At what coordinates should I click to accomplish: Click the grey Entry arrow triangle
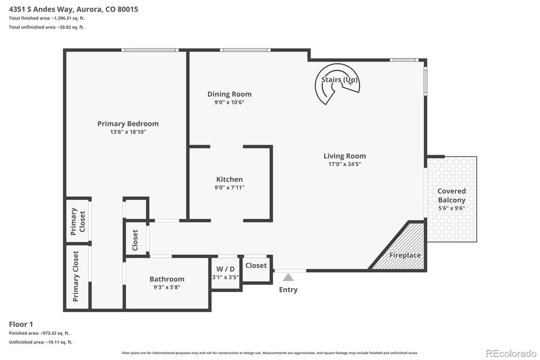pos(288,277)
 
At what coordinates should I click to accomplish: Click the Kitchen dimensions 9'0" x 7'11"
pos(229,187)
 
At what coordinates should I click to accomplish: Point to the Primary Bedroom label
pos(128,124)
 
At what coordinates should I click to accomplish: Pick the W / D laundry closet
pos(225,273)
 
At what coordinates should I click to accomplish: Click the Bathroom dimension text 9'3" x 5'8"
pos(167,287)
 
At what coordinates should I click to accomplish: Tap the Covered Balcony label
pos(452,196)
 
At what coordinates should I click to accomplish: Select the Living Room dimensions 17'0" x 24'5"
pos(345,164)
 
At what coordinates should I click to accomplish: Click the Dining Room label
pos(229,94)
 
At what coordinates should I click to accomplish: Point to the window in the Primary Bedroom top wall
pos(150,50)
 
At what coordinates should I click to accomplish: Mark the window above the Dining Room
pos(245,50)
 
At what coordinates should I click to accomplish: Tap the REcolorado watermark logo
pos(511,354)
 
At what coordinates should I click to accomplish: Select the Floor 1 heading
pos(21,324)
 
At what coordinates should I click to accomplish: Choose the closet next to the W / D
pos(256,268)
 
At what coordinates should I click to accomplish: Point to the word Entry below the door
pos(288,289)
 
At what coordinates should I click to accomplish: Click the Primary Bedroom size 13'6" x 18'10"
pos(128,132)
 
